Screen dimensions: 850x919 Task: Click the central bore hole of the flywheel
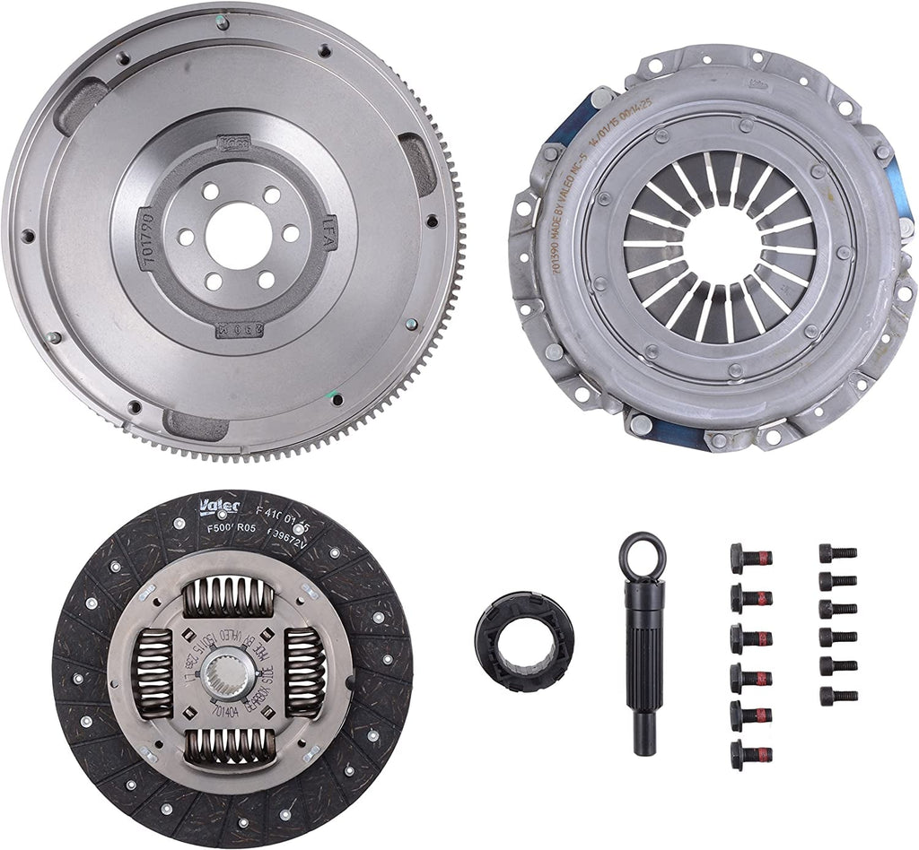point(238,236)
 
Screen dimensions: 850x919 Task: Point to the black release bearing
point(524,640)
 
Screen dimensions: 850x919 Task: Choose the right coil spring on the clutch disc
point(304,672)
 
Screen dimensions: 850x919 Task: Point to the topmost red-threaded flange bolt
point(750,558)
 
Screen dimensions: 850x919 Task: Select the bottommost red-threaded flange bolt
point(750,755)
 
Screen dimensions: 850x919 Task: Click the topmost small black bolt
point(837,552)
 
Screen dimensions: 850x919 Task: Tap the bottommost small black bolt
point(837,696)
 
